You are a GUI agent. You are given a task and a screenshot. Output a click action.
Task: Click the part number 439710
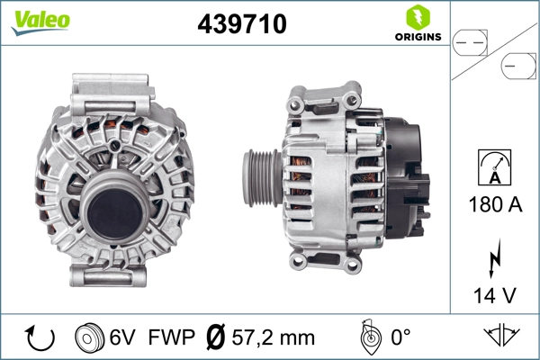[241, 24]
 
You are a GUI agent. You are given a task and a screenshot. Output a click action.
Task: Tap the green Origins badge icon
[417, 16]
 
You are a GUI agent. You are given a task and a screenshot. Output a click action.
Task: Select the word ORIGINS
[417, 37]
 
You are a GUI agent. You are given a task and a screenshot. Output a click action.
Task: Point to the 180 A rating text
[496, 204]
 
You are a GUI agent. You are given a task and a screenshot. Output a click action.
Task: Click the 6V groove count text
[123, 337]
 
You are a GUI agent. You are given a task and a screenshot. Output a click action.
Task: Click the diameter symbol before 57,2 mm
[217, 337]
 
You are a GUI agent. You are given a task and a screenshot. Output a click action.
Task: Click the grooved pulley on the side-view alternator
[259, 176]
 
